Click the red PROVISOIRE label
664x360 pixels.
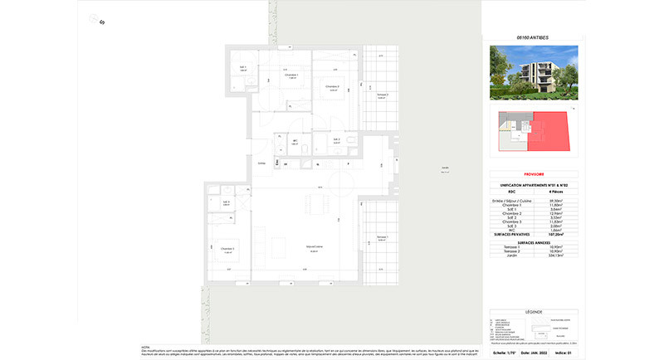pyautogui.click(x=534, y=175)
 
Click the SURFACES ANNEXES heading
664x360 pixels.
pyautogui.click(x=534, y=253)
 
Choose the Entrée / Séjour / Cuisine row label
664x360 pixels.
pyautogui.click(x=515, y=200)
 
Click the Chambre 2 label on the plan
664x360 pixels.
pyautogui.click(x=331, y=86)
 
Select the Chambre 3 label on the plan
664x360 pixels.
pyautogui.click(x=226, y=248)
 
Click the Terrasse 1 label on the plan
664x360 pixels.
pyautogui.click(x=382, y=237)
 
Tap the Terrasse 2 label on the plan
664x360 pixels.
pyautogui.click(x=382, y=95)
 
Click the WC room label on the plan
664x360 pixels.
pyautogui.click(x=295, y=141)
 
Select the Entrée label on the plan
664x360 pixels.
pyautogui.click(x=261, y=163)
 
